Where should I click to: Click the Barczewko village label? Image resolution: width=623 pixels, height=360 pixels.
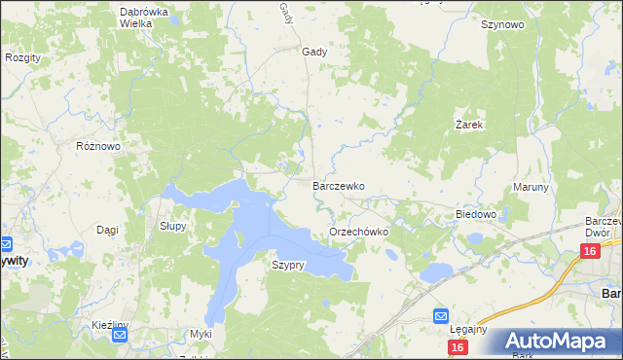tap(338, 185)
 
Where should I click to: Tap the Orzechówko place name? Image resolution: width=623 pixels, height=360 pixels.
tap(359, 233)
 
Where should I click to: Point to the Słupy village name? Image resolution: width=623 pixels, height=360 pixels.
tap(172, 225)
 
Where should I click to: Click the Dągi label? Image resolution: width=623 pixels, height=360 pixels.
tap(107, 230)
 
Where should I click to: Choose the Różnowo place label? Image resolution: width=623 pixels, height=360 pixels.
tap(97, 146)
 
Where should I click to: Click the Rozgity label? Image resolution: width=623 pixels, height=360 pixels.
tap(22, 57)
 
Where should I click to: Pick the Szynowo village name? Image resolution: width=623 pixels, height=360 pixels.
tap(502, 25)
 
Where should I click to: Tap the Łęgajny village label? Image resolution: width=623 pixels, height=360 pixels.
tap(470, 329)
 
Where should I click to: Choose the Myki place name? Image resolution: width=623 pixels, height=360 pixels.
tap(201, 334)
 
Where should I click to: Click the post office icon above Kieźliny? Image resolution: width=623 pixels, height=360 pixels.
tap(120, 337)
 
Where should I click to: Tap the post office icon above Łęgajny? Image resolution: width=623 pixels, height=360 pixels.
tap(440, 316)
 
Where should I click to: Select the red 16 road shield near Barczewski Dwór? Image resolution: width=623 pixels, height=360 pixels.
tap(588, 252)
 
